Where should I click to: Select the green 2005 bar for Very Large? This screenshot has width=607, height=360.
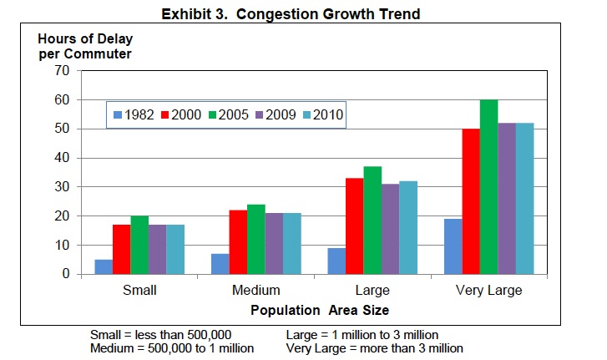[x=488, y=187]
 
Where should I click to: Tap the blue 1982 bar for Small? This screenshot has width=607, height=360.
[x=104, y=267]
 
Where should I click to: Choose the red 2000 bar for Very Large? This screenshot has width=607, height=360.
[x=470, y=201]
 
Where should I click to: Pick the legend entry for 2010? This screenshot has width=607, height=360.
[x=324, y=114]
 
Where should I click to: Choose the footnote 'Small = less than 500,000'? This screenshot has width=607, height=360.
[x=160, y=335]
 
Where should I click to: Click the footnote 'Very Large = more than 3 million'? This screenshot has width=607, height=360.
[x=374, y=348]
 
